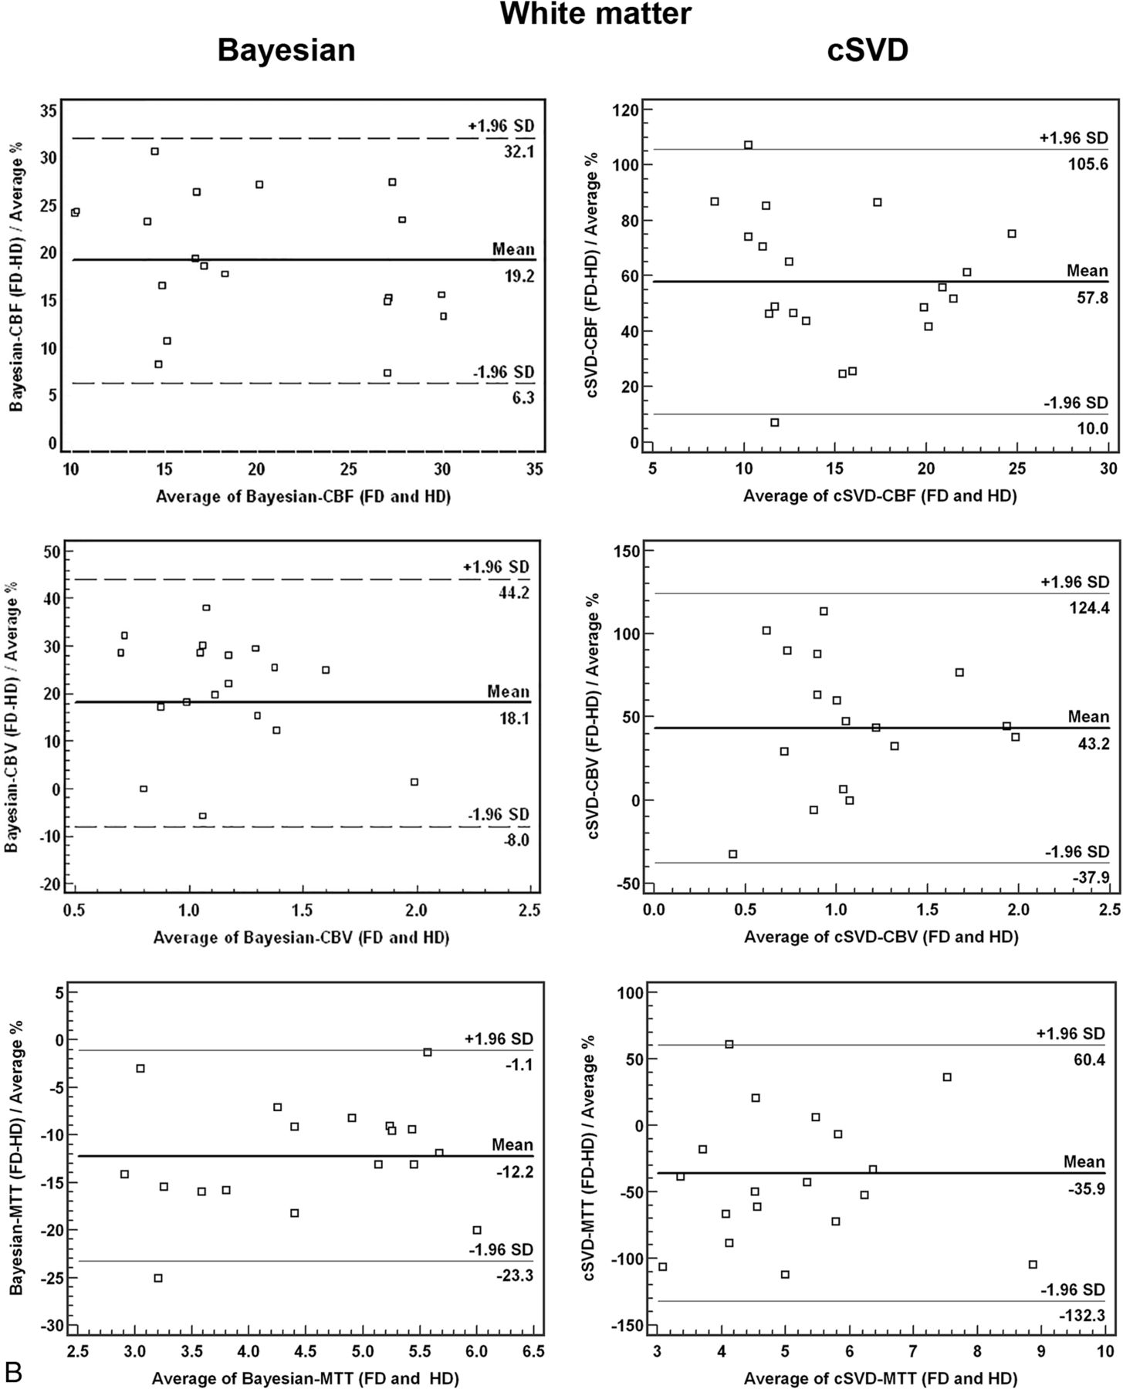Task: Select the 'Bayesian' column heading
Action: [286, 51]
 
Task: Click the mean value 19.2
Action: [519, 276]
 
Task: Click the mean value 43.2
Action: [1088, 743]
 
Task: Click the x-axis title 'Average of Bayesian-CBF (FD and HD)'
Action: [303, 497]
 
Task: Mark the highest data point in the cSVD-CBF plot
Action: [748, 145]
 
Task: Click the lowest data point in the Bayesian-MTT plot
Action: [158, 1278]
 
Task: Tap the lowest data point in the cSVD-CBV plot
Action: [732, 853]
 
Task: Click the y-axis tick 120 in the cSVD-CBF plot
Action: [628, 110]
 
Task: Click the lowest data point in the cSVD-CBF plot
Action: [775, 422]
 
